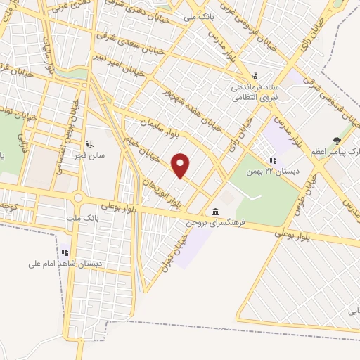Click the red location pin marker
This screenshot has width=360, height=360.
(x=181, y=165)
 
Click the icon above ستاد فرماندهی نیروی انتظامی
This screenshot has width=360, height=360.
(x=255, y=76)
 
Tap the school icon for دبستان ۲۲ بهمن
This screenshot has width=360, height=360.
(x=273, y=160)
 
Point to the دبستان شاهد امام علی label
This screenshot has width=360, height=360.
(x=64, y=264)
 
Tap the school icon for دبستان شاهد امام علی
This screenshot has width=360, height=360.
(x=65, y=252)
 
